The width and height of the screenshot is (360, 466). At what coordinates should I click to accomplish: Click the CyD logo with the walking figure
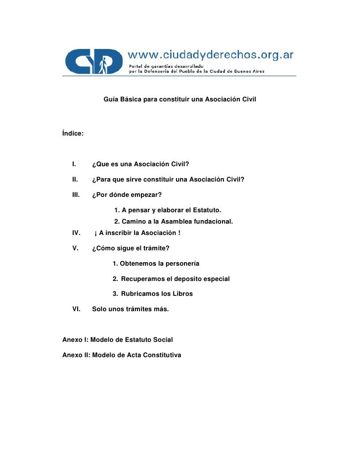(x=94, y=61)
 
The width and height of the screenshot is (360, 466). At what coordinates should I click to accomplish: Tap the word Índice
(x=73, y=133)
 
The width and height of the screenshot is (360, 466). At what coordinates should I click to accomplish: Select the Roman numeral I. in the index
(x=74, y=164)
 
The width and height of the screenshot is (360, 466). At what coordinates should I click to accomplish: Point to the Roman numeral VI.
(x=77, y=309)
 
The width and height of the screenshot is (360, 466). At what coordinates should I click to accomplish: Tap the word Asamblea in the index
(x=171, y=221)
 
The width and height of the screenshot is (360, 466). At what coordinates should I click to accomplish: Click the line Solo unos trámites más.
(x=131, y=309)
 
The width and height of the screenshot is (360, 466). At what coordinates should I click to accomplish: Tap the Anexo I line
(x=118, y=340)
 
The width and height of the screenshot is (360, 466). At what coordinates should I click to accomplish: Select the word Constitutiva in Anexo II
(x=161, y=355)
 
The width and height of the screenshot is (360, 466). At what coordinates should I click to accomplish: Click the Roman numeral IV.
(x=77, y=233)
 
